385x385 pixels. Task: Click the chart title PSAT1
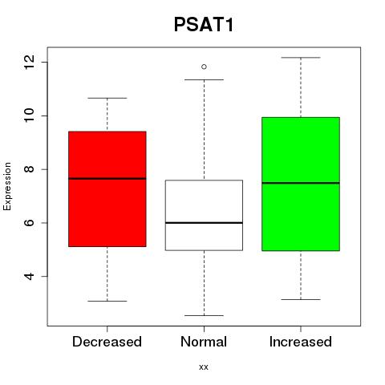[x=204, y=25]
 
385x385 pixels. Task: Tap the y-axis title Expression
[x=7, y=186]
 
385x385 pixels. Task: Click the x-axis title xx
[x=204, y=367]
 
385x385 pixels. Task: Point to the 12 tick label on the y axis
[x=30, y=63]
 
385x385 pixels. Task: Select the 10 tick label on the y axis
[x=30, y=115]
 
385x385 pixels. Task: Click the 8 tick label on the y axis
[x=30, y=169]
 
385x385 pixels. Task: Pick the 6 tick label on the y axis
[x=30, y=223]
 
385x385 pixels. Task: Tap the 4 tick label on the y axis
[x=30, y=276]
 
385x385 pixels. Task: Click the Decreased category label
[x=107, y=342]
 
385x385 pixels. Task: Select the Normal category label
[x=204, y=342]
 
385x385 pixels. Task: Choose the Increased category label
[x=301, y=342]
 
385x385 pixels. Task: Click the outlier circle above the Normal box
[x=204, y=67]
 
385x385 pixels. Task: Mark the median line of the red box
[x=107, y=178]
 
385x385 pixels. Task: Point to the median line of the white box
[x=204, y=223]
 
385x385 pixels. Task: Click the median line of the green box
[x=301, y=183]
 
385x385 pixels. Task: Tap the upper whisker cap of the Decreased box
[x=107, y=98]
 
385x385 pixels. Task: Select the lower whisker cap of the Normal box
[x=204, y=315]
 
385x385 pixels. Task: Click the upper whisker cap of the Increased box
[x=301, y=58]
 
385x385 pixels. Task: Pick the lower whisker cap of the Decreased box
[x=107, y=301]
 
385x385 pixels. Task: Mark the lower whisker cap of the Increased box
[x=301, y=299]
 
